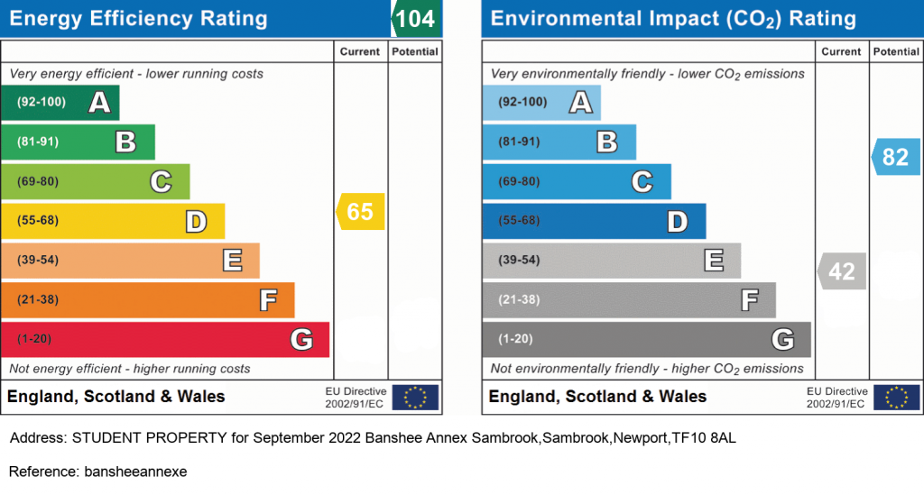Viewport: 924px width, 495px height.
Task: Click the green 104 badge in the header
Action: (416, 18)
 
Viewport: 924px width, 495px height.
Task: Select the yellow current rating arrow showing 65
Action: (360, 211)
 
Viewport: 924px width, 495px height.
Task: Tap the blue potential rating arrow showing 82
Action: (896, 157)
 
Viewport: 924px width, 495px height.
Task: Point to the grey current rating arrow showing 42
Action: (842, 270)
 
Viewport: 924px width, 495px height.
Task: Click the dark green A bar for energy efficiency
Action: (60, 103)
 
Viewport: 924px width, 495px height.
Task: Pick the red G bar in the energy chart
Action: (165, 339)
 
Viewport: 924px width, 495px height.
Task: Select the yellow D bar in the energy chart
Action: (113, 221)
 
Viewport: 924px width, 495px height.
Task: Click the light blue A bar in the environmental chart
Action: (541, 103)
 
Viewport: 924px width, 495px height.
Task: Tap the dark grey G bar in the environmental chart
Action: (646, 339)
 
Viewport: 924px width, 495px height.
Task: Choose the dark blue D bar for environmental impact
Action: (594, 221)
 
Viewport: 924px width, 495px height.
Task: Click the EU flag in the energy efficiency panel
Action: (415, 398)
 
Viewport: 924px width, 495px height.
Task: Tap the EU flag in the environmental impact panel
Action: (896, 398)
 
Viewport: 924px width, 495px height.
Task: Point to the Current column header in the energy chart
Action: (359, 51)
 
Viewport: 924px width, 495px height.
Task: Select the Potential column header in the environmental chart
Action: (896, 51)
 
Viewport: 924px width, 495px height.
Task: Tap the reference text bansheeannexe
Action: (135, 472)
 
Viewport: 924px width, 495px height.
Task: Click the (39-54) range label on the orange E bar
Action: (38, 261)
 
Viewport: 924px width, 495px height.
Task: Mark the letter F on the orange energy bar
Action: (268, 299)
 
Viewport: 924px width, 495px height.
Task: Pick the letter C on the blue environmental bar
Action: (642, 181)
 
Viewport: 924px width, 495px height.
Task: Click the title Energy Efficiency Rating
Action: (138, 19)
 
